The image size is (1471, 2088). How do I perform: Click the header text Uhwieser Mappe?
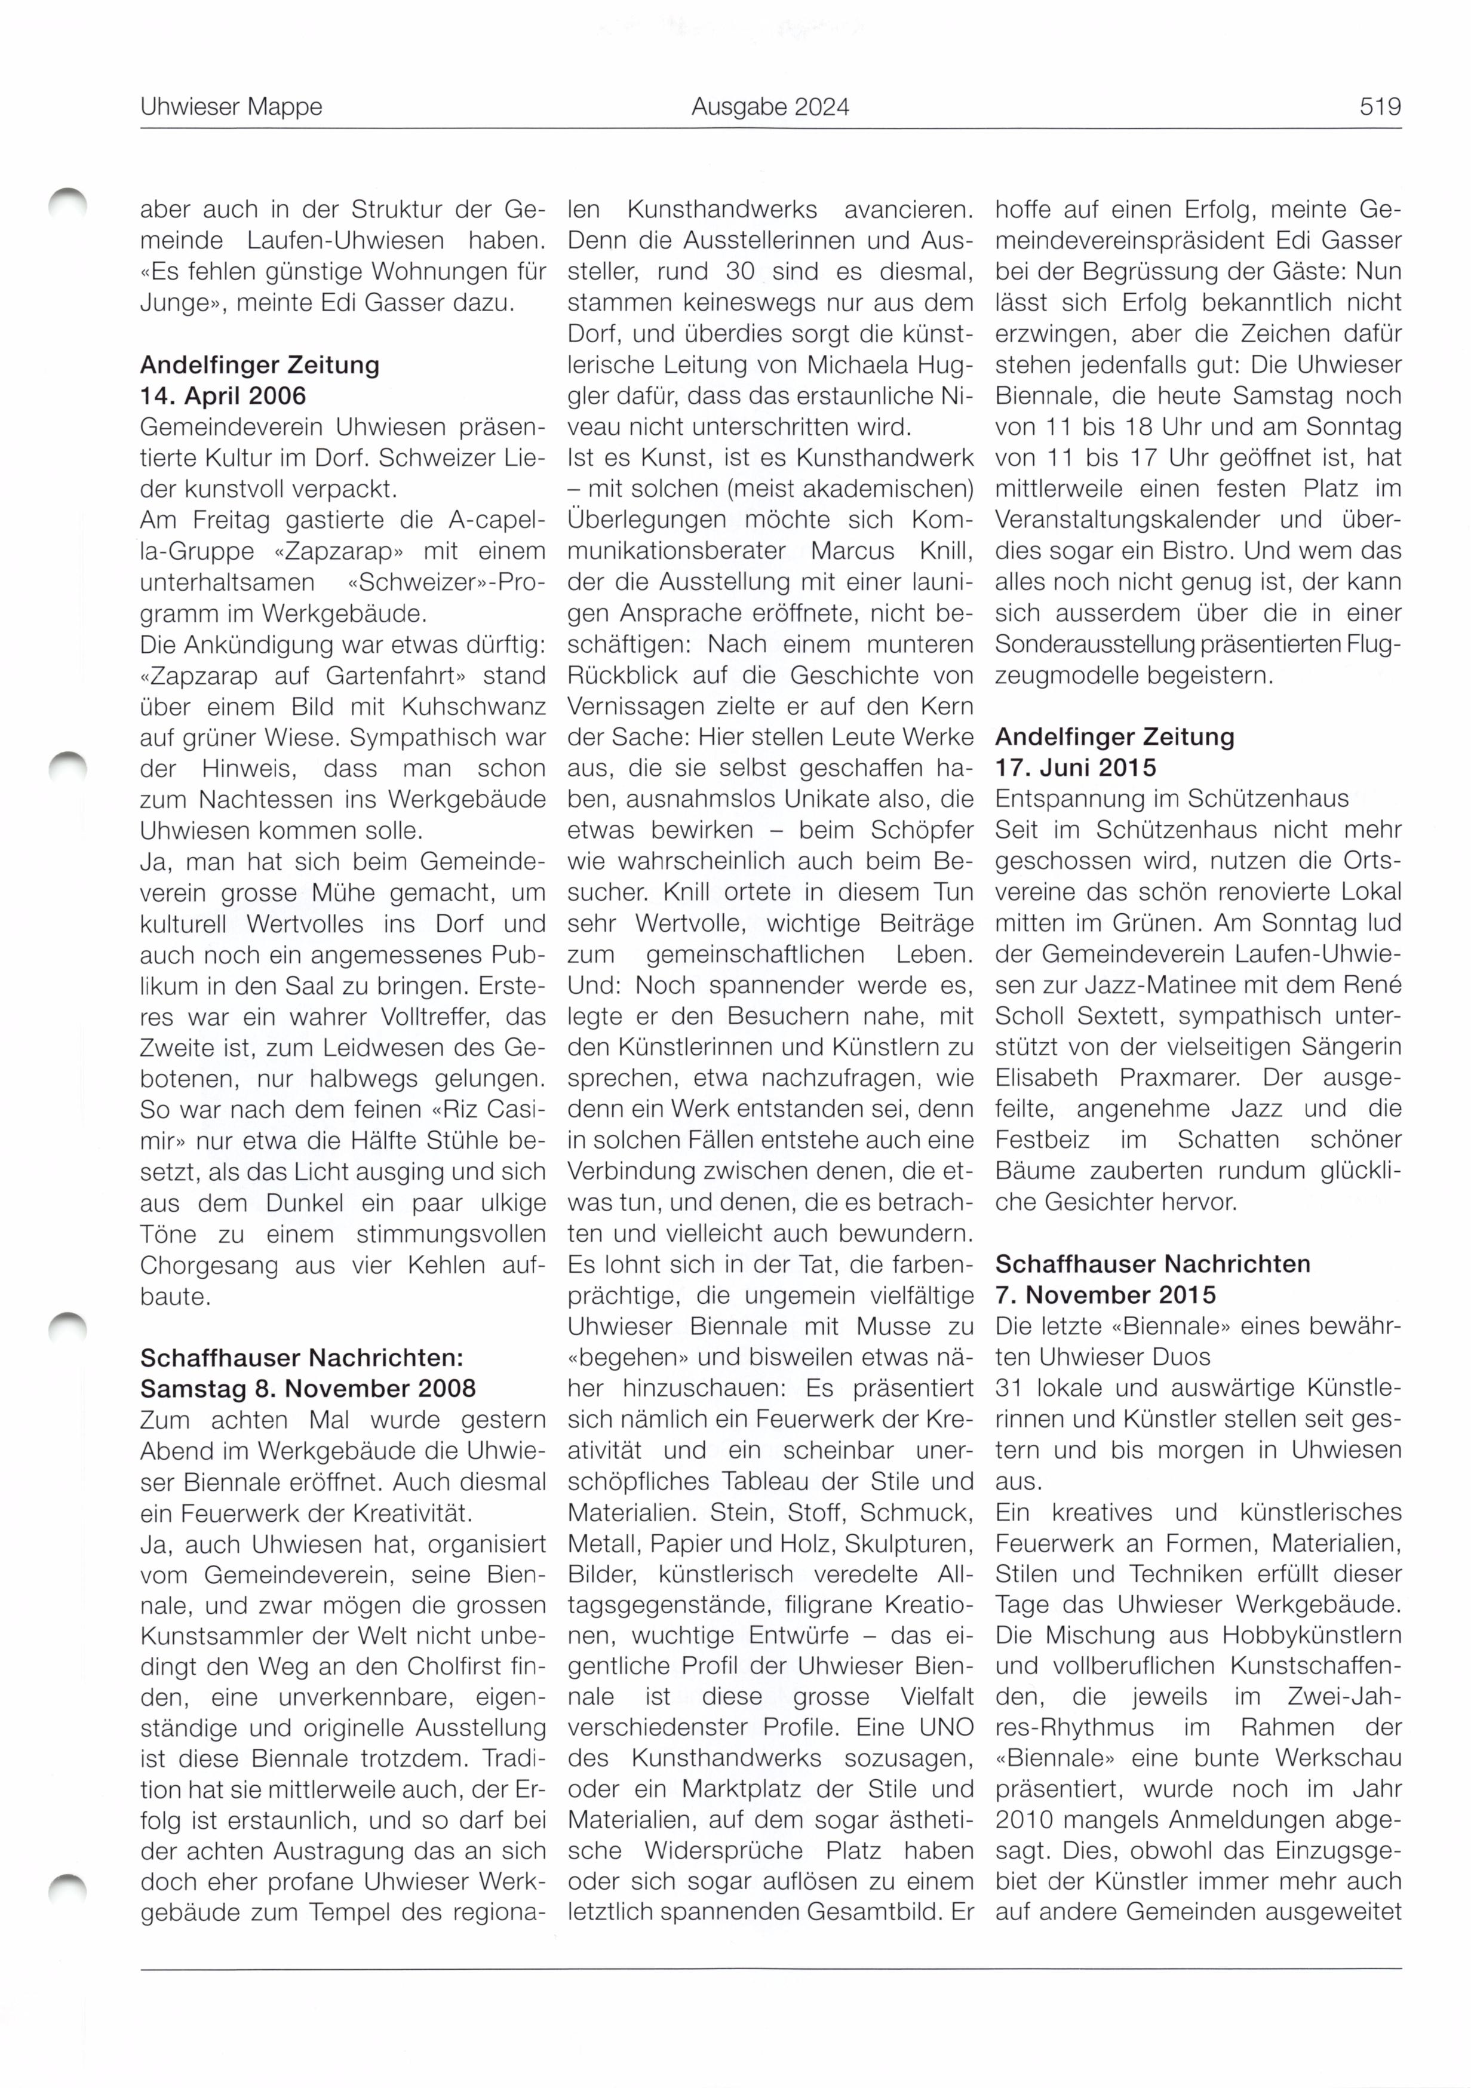[x=231, y=108]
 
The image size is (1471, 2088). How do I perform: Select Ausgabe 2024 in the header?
[x=769, y=108]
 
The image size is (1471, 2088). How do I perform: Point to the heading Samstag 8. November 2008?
[x=308, y=1389]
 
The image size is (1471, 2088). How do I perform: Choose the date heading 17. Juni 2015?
[x=1076, y=767]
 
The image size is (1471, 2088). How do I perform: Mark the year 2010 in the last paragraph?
[x=1023, y=1820]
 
